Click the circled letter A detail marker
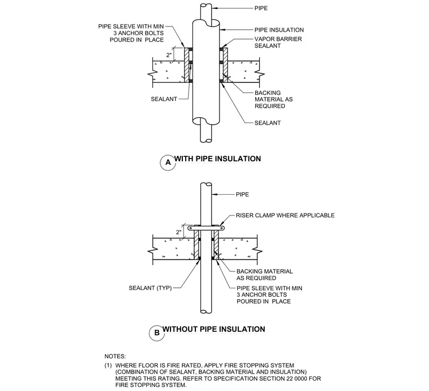coord(168,162)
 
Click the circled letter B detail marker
coord(157,333)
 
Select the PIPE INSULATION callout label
coord(279,30)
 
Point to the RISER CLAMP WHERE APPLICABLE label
coord(286,216)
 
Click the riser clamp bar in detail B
coord(206,228)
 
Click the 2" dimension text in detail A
coord(169,55)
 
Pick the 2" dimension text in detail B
coord(179,232)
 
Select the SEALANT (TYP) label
coord(150,288)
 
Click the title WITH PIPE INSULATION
coord(218,159)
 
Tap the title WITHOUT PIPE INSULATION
coord(214,329)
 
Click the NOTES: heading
coord(115,357)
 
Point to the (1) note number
coord(108,366)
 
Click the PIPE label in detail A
coord(261,8)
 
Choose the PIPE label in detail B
coord(243,195)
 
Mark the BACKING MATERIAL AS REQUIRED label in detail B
coord(265,275)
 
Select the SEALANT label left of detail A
coord(164,99)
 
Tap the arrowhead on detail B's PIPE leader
coord(214,195)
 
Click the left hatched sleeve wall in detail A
coord(187,65)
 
